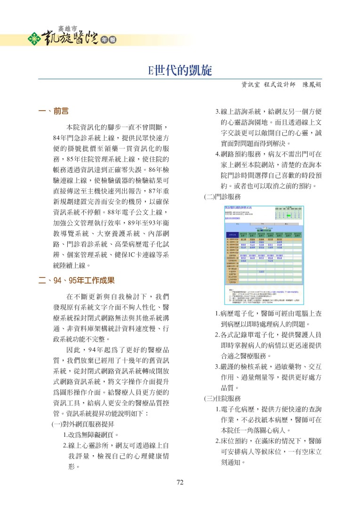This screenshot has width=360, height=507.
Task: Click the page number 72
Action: click(x=179, y=482)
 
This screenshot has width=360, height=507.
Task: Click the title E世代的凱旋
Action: click(x=180, y=71)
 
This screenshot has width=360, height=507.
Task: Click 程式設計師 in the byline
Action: click(x=280, y=85)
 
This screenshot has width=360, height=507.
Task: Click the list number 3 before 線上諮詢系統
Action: click(x=217, y=112)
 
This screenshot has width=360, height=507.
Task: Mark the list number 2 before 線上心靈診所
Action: click(x=65, y=445)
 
